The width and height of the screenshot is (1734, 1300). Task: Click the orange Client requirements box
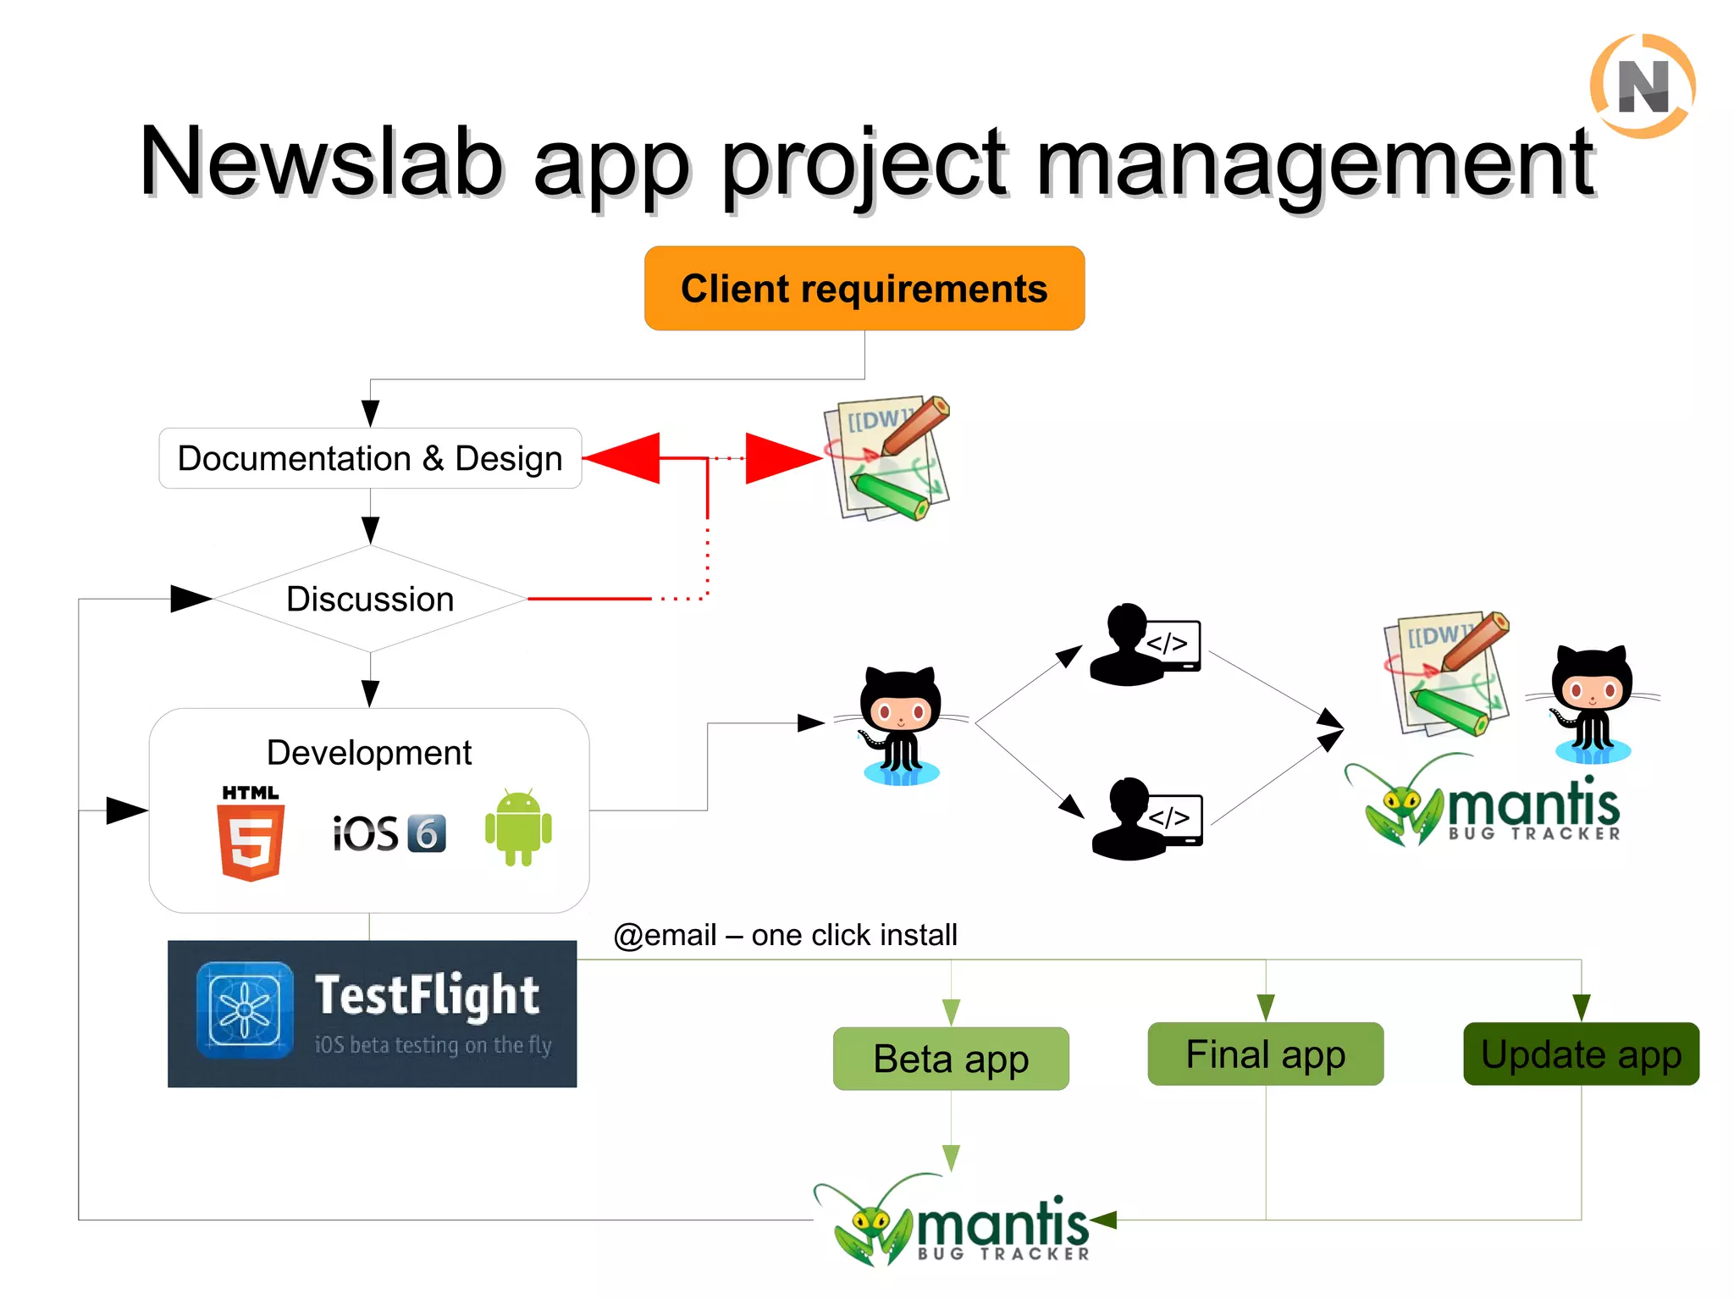point(864,288)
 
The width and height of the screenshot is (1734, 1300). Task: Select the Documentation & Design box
point(370,458)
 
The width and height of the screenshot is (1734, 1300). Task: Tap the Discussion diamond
point(370,599)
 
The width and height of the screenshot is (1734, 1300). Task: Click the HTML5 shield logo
point(251,840)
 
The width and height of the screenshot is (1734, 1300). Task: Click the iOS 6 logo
point(389,833)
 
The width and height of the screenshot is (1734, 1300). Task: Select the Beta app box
point(951,1059)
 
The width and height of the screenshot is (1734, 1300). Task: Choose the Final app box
point(1265,1054)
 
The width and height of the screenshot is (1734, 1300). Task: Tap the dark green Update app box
point(1581,1054)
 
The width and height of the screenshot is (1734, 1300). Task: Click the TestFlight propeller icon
point(245,1010)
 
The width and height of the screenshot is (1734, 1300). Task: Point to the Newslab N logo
point(1643,86)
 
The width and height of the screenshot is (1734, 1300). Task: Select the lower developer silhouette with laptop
point(1146,819)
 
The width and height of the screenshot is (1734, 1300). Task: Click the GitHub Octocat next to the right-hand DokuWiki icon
point(1592,703)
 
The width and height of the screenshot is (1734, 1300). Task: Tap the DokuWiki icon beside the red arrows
point(887,458)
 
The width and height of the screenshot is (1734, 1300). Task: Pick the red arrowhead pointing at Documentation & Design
point(622,458)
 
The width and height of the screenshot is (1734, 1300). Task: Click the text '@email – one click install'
point(785,935)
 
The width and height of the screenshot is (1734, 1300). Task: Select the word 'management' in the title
point(1315,163)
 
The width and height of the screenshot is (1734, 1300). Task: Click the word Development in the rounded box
point(369,752)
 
